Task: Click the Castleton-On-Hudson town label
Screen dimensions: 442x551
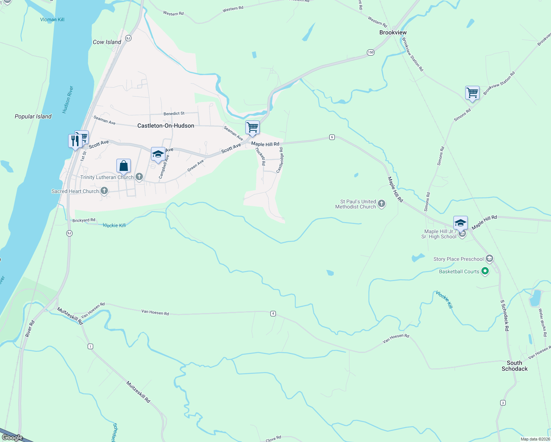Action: pyautogui.click(x=166, y=126)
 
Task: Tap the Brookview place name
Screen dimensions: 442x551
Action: pyautogui.click(x=393, y=32)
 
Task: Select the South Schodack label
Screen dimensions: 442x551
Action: pyautogui.click(x=515, y=366)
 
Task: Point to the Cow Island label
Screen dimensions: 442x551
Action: pyautogui.click(x=107, y=42)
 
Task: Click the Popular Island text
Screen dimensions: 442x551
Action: pyautogui.click(x=33, y=116)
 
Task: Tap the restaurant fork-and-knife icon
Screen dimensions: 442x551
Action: pyautogui.click(x=75, y=141)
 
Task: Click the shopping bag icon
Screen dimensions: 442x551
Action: pyautogui.click(x=124, y=166)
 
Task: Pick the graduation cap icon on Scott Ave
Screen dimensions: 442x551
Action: pyautogui.click(x=158, y=154)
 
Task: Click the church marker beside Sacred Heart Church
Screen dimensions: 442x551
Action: pyautogui.click(x=105, y=191)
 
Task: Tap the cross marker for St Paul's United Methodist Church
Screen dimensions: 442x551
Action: pyautogui.click(x=382, y=203)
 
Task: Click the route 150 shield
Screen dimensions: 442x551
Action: pyautogui.click(x=371, y=52)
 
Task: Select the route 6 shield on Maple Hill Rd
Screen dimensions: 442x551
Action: pyautogui.click(x=332, y=137)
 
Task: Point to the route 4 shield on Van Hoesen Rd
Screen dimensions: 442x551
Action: pyautogui.click(x=273, y=313)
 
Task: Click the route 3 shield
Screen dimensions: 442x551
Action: pyautogui.click(x=503, y=403)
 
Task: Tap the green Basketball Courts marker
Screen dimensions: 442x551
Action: pyautogui.click(x=485, y=271)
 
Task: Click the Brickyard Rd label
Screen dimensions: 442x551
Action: pyautogui.click(x=84, y=220)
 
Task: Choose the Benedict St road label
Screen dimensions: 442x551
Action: pyautogui.click(x=174, y=113)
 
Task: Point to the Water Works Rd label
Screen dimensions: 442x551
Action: pyautogui.click(x=543, y=323)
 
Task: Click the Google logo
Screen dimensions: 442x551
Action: pyautogui.click(x=13, y=437)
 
